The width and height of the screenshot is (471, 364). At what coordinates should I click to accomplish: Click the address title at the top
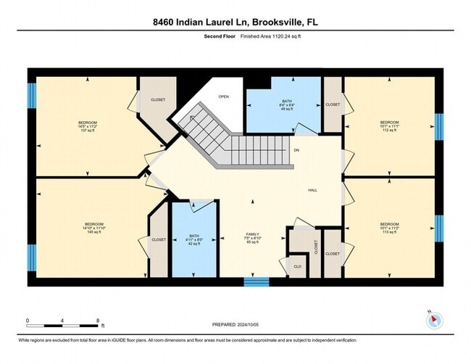pyautogui.click(x=235, y=22)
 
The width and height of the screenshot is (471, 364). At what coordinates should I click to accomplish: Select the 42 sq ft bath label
pyautogui.click(x=193, y=240)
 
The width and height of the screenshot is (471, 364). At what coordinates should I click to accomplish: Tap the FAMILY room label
pyautogui.click(x=253, y=237)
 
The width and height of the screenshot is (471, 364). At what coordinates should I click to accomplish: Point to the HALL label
pyautogui.click(x=312, y=190)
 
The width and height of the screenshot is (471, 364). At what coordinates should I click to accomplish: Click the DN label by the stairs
pyautogui.click(x=296, y=150)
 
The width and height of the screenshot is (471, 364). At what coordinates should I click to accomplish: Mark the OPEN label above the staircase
pyautogui.click(x=225, y=97)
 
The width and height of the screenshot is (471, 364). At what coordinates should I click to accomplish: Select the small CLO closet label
pyautogui.click(x=297, y=266)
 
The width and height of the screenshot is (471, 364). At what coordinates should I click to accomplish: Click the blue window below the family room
pyautogui.click(x=256, y=281)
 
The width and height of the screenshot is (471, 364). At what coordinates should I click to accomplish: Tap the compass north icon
pyautogui.click(x=433, y=320)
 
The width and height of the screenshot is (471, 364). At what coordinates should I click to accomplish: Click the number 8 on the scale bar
pyautogui.click(x=98, y=320)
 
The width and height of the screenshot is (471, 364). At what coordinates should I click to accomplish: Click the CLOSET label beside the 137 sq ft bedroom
pyautogui.click(x=157, y=99)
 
